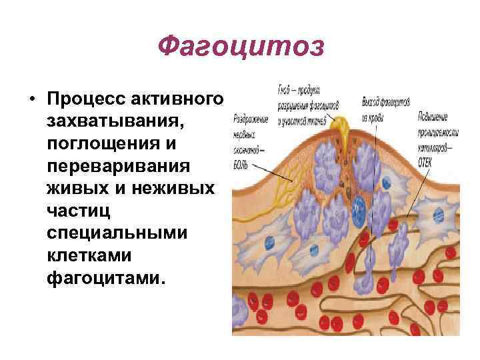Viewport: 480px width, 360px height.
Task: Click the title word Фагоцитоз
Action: click(x=241, y=46)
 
